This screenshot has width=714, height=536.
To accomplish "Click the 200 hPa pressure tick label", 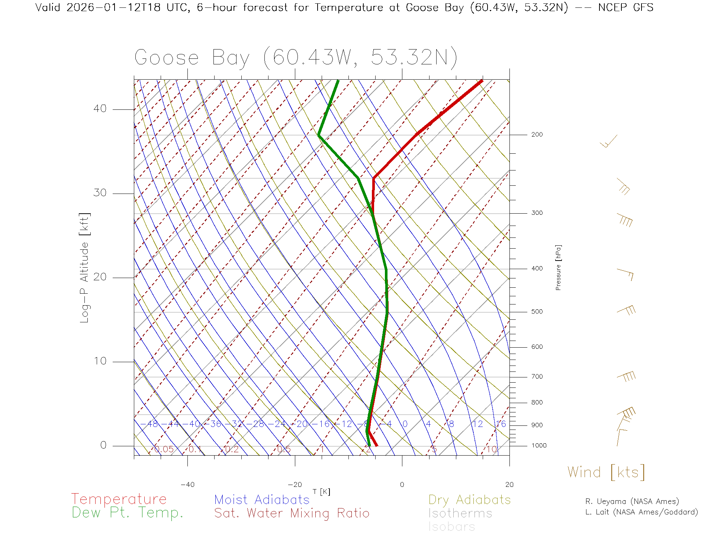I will (537, 135).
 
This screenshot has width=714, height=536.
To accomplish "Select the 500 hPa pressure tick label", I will (537, 312).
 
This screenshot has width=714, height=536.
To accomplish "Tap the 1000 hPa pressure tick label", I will (539, 446).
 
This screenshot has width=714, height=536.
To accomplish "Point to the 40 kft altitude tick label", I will (100, 109).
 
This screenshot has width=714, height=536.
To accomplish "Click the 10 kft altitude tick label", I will (100, 361).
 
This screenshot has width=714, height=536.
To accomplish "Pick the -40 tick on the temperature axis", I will (187, 485).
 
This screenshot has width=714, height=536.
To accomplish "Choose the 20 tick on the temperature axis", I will (509, 485).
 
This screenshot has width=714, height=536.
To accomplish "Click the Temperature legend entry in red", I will (119, 499).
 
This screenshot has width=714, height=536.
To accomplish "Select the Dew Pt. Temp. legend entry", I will (128, 513).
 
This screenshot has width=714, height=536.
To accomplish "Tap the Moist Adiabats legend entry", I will (262, 500).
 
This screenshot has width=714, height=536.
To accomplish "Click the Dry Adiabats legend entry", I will (469, 500).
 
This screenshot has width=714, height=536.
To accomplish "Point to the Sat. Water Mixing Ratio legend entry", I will (292, 513).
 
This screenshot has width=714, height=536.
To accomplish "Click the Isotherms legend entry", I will (460, 513).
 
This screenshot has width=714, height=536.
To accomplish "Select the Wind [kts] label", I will (606, 472).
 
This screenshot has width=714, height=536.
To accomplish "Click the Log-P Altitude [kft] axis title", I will (85, 268).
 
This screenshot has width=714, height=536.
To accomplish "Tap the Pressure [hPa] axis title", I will (558, 267).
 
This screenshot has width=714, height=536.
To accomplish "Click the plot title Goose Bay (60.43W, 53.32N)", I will (296, 58).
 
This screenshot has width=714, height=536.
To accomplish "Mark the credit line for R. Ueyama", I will (632, 501).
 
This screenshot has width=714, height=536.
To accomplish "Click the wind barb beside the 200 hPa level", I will (609, 142).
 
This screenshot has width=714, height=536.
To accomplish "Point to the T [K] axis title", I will (321, 492).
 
